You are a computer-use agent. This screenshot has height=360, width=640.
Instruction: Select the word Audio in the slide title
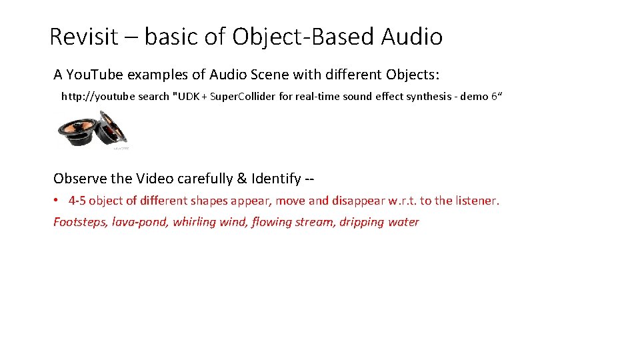pos(411,37)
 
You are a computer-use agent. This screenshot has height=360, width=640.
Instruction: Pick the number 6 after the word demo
pos(494,97)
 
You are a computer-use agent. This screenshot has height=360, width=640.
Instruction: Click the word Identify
pos(276,179)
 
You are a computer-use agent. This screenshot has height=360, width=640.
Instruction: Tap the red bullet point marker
pos(59,200)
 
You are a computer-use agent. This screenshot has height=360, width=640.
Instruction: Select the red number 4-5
pos(77,201)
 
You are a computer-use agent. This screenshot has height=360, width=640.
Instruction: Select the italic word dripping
pos(363,222)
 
